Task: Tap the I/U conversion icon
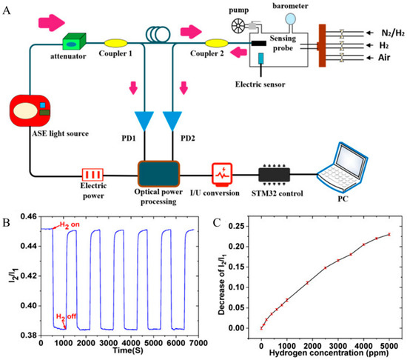pos(223,176)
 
